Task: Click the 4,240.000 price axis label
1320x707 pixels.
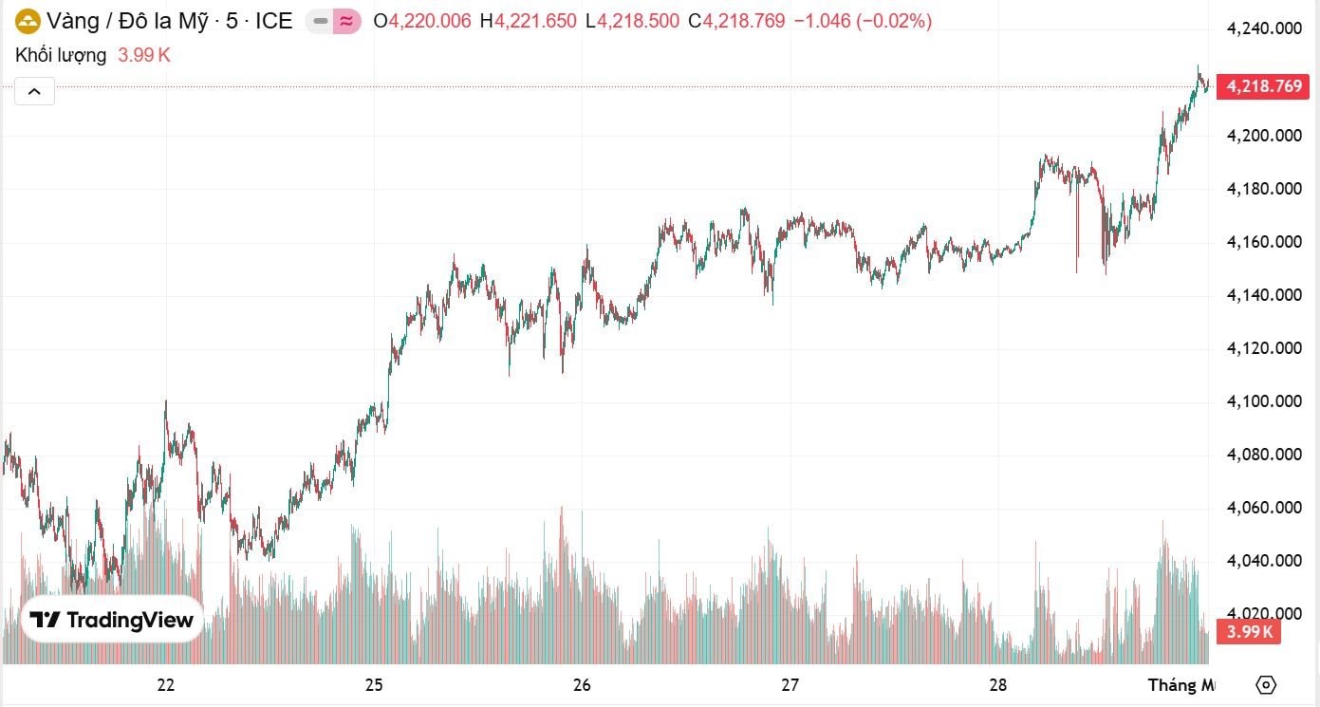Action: pos(1263,28)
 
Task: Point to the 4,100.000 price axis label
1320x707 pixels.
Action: pos(1263,401)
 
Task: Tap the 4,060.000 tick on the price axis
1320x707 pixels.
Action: pos(1263,508)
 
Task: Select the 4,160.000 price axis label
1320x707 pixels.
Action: pos(1263,242)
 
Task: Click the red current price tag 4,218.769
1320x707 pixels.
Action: pos(1263,86)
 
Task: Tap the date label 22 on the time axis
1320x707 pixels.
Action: pos(166,685)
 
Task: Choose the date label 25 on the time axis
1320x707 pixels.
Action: pos(374,685)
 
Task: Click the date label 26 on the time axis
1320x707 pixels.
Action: pos(582,685)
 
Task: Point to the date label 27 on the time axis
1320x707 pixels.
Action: pos(790,685)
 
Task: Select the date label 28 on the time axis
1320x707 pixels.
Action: pos(997,685)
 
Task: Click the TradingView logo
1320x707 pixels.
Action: pos(112,621)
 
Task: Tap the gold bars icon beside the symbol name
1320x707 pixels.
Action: pos(28,21)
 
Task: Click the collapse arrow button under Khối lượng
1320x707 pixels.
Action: pos(34,91)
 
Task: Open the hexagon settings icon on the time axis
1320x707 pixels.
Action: pos(1265,685)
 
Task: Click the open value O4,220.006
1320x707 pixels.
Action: pos(422,21)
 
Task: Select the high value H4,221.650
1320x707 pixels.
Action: pos(528,21)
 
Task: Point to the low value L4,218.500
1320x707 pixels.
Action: pos(632,21)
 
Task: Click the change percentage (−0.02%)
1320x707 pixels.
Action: pos(894,21)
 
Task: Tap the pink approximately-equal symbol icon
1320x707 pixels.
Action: pos(346,21)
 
